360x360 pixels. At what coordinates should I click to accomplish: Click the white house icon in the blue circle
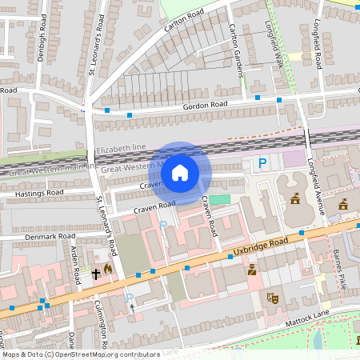(180, 172)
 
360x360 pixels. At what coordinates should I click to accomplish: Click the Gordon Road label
(205, 104)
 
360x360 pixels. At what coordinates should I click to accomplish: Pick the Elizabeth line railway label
(121, 150)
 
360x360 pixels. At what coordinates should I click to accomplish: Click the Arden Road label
(77, 266)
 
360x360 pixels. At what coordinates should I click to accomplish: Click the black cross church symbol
(96, 274)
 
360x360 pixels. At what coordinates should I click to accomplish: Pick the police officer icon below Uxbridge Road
(251, 270)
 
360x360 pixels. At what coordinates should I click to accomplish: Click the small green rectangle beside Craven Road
(219, 198)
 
